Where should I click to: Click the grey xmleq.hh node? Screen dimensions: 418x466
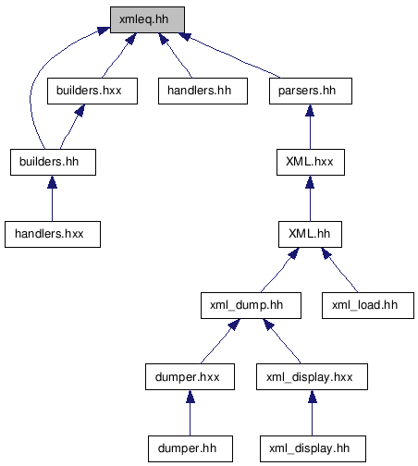tap(147, 19)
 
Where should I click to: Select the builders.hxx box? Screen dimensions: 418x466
tap(92, 91)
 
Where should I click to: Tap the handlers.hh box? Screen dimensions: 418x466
tap(203, 91)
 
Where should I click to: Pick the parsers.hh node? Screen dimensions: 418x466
tap(311, 91)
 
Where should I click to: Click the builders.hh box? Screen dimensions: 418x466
tap(53, 163)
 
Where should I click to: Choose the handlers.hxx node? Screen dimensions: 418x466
tap(53, 234)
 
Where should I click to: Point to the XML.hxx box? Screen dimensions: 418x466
tap(311, 163)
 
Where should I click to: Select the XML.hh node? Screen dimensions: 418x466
tap(310, 234)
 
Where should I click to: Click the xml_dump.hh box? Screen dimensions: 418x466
tap(251, 305)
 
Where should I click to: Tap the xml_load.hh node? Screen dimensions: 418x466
tap(368, 305)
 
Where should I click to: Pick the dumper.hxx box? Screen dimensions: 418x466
tap(190, 376)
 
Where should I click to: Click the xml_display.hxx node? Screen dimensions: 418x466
tap(312, 376)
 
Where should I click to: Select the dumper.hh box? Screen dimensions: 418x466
tap(191, 448)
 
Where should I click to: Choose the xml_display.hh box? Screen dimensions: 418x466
tap(313, 448)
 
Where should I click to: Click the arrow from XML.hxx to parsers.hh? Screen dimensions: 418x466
tap(310, 127)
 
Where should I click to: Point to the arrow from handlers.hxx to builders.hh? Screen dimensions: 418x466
tap(52, 198)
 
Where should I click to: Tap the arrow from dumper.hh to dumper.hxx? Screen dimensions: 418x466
tap(191, 412)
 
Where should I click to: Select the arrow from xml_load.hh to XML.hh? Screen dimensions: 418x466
tap(339, 270)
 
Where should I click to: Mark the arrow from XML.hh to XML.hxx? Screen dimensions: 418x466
tap(310, 198)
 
